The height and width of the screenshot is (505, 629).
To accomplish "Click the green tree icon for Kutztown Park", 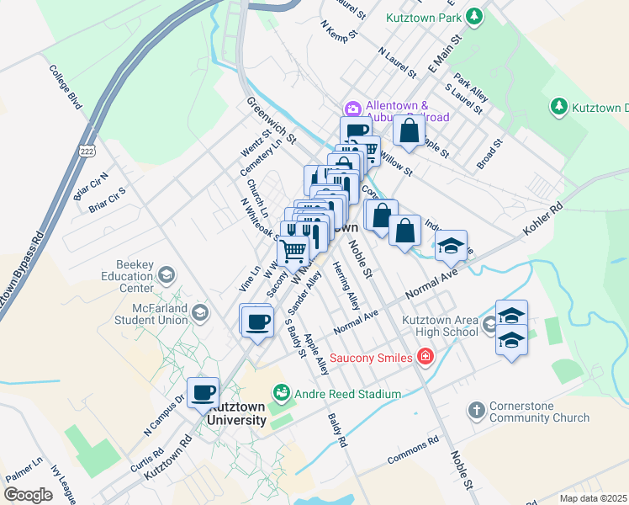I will click(x=475, y=16).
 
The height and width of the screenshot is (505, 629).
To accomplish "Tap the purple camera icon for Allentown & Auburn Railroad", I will click(x=352, y=109).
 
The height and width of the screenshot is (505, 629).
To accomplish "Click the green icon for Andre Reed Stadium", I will click(x=281, y=393).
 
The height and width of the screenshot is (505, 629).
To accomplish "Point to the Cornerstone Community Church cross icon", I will click(x=477, y=410).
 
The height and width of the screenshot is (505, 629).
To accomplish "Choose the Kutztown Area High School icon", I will click(x=490, y=324).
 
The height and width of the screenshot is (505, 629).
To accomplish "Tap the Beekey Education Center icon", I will click(x=166, y=274).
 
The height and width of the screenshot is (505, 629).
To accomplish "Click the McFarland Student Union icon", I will click(x=199, y=313).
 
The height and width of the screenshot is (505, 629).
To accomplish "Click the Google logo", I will click(x=28, y=494).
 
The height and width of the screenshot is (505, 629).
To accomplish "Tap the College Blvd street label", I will click(x=65, y=88).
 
